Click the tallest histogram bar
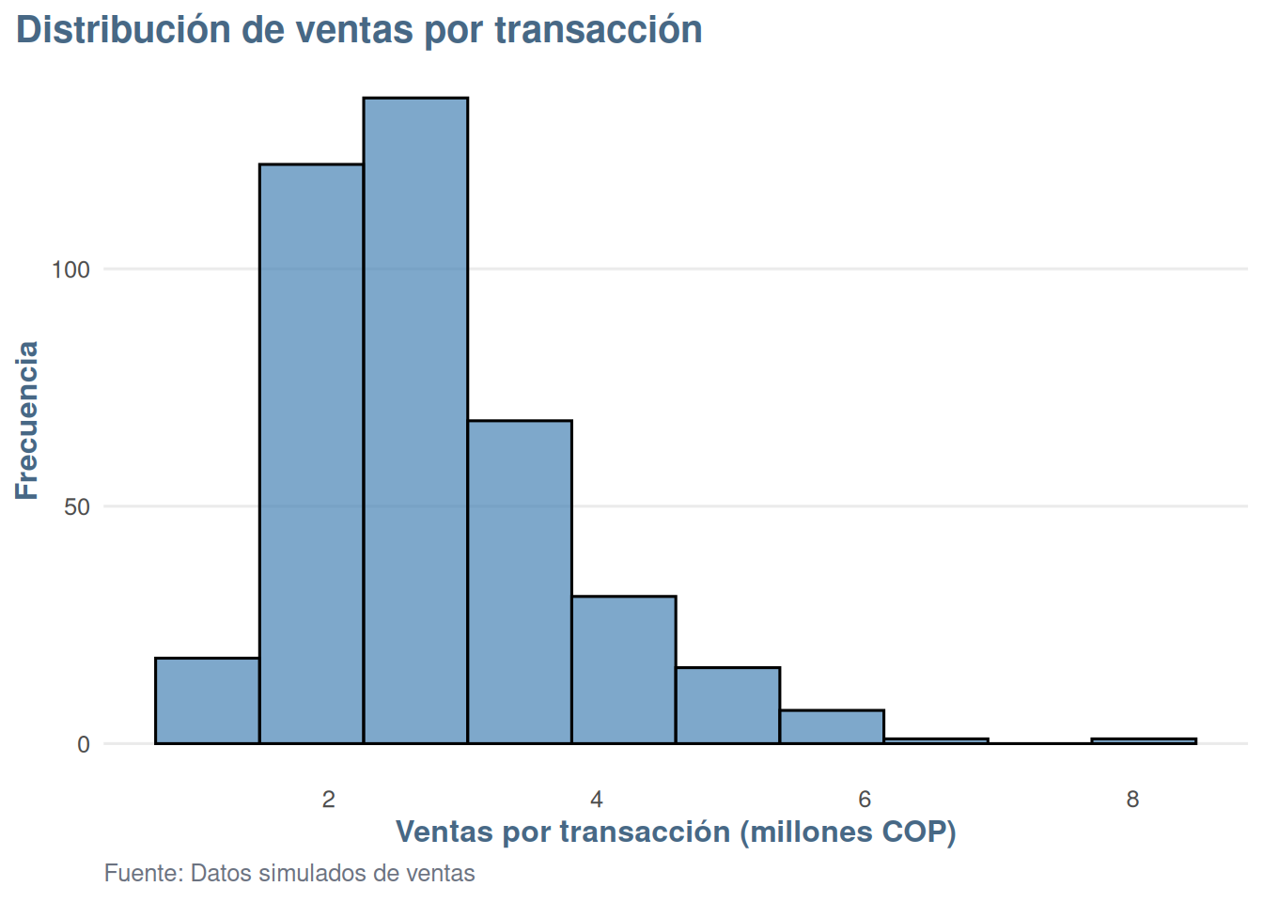tap(415, 421)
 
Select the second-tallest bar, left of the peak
tap(311, 454)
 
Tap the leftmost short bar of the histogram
tap(207, 701)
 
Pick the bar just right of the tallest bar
tap(520, 582)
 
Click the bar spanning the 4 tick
tap(624, 670)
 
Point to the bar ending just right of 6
tap(833, 726)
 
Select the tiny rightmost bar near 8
tap(1144, 740)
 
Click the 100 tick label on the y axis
tap(70, 270)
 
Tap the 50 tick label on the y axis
tap(77, 507)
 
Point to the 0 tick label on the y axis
tap(84, 745)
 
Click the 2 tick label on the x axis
tap(329, 799)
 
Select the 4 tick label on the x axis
tap(597, 799)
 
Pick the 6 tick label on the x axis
tap(865, 799)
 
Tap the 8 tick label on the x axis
tap(1132, 799)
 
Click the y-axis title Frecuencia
tap(26, 421)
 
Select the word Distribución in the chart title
tap(123, 29)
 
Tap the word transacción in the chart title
tap(599, 30)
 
